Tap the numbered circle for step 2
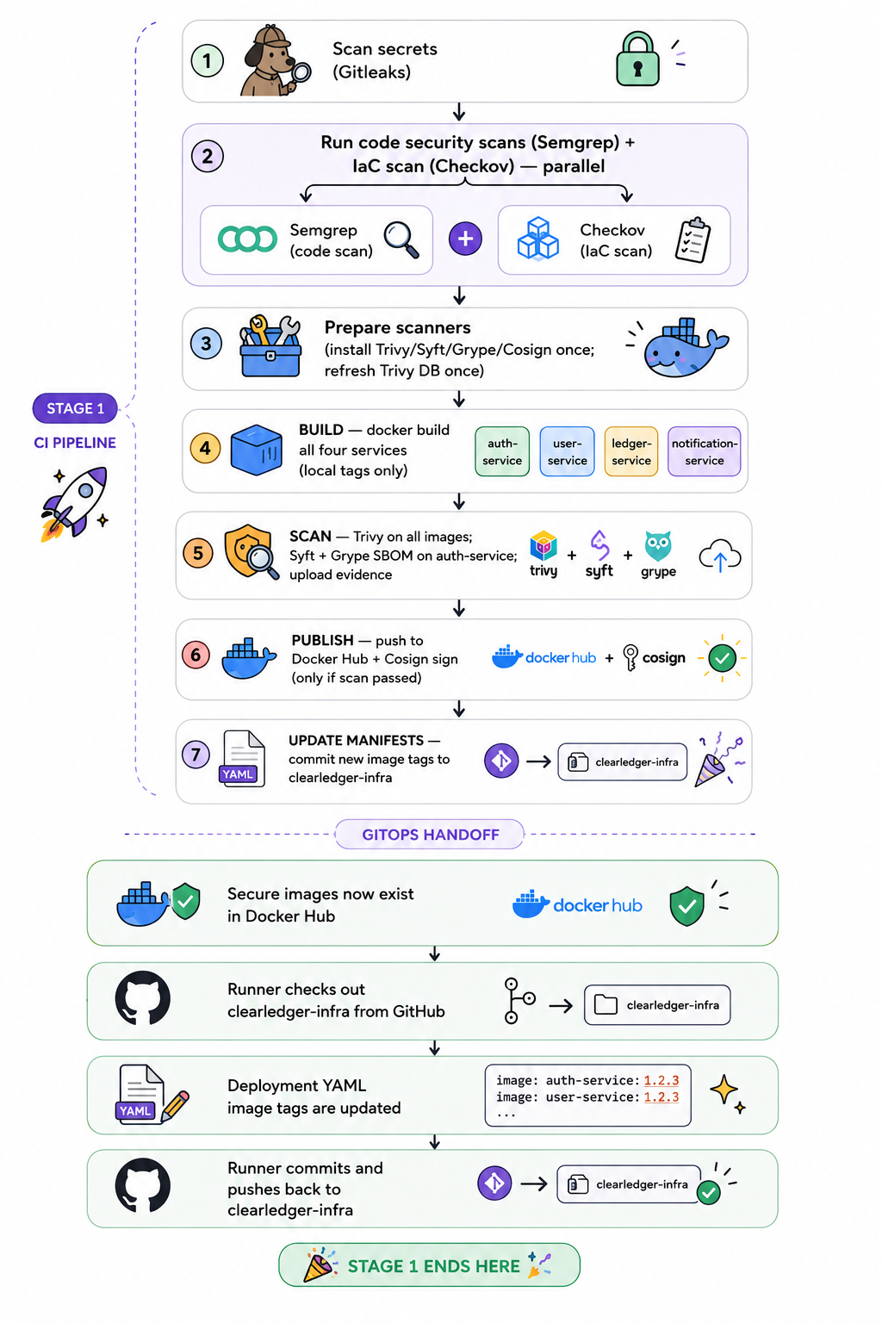point(207,157)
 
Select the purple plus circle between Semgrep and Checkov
point(465,239)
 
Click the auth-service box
point(502,451)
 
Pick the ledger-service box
point(631,451)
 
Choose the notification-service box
point(705,451)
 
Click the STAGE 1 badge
point(75,408)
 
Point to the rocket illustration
point(75,503)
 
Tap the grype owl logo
point(657,546)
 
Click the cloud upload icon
point(719,556)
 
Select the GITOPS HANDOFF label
point(430,835)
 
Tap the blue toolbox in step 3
point(270,347)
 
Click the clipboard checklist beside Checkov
point(693,239)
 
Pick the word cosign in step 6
point(663,658)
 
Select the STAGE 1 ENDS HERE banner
point(430,1265)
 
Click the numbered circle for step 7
point(196,755)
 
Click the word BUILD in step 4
point(320,430)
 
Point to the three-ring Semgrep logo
point(247,239)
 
